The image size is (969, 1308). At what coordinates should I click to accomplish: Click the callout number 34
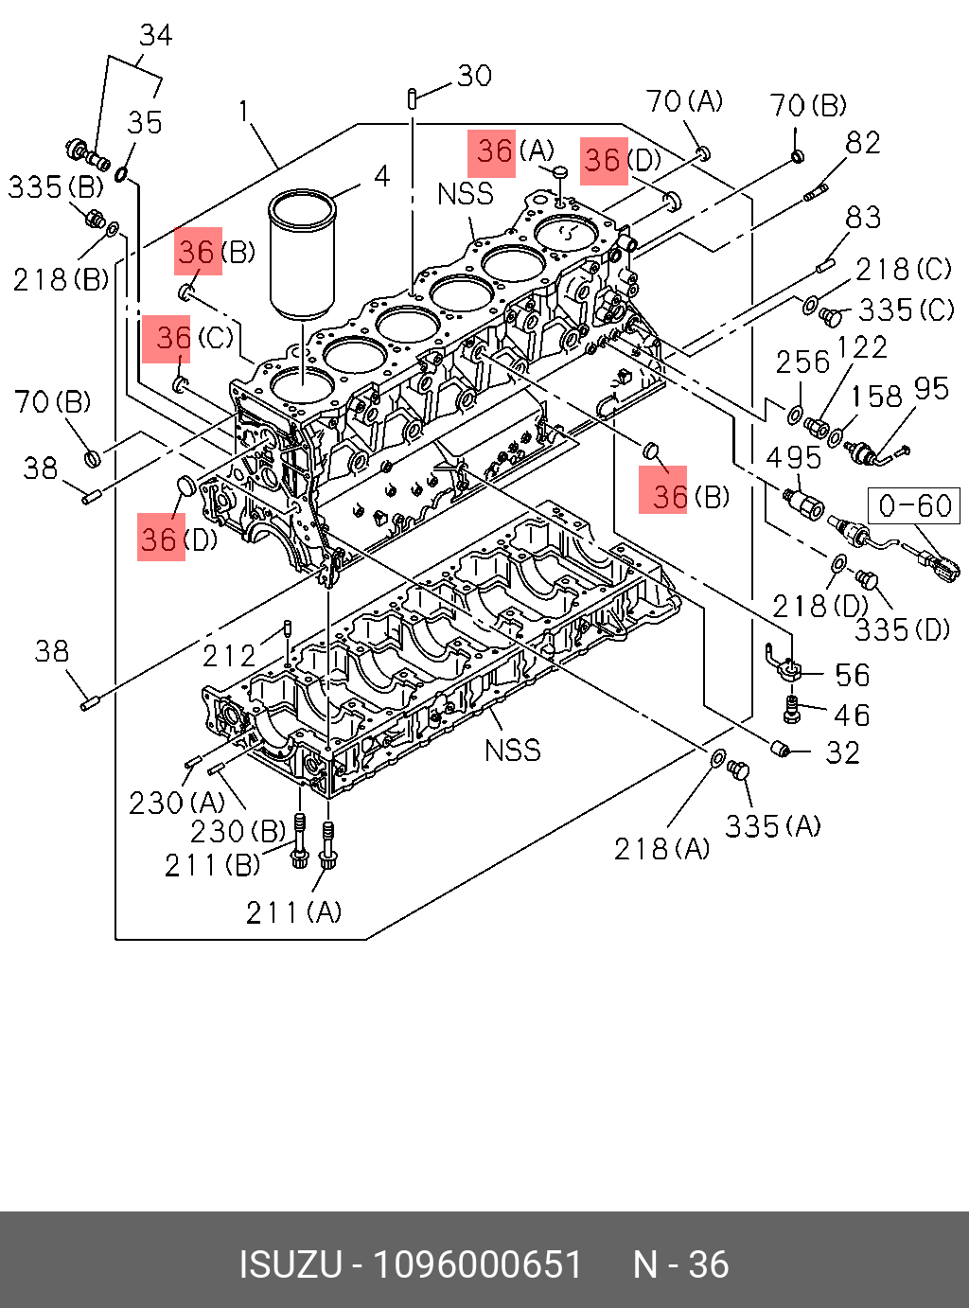point(156,36)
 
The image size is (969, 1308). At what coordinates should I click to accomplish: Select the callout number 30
point(474,76)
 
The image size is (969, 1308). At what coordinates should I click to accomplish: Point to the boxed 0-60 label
point(914,505)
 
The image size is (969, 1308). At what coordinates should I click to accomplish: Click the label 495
point(793,458)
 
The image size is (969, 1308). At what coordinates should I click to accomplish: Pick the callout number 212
point(229,655)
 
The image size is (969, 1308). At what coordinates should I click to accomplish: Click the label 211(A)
point(293,911)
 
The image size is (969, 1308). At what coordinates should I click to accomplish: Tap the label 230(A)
point(177,803)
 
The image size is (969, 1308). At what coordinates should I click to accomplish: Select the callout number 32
point(842,753)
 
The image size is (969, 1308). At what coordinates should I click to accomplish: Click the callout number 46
point(852,716)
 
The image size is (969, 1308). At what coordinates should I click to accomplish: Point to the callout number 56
point(852,676)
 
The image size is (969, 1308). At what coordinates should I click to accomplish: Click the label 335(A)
point(772,826)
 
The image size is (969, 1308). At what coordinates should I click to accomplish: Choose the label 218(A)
point(661,849)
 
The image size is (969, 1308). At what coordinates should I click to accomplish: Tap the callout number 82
point(863,143)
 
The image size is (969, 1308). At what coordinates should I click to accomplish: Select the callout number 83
point(863,218)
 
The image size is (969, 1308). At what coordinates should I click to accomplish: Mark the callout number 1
point(244,112)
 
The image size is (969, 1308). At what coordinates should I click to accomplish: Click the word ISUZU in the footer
point(290,1265)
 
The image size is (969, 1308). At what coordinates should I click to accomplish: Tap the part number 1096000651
point(477,1265)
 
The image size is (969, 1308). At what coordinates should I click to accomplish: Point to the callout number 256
point(802,362)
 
